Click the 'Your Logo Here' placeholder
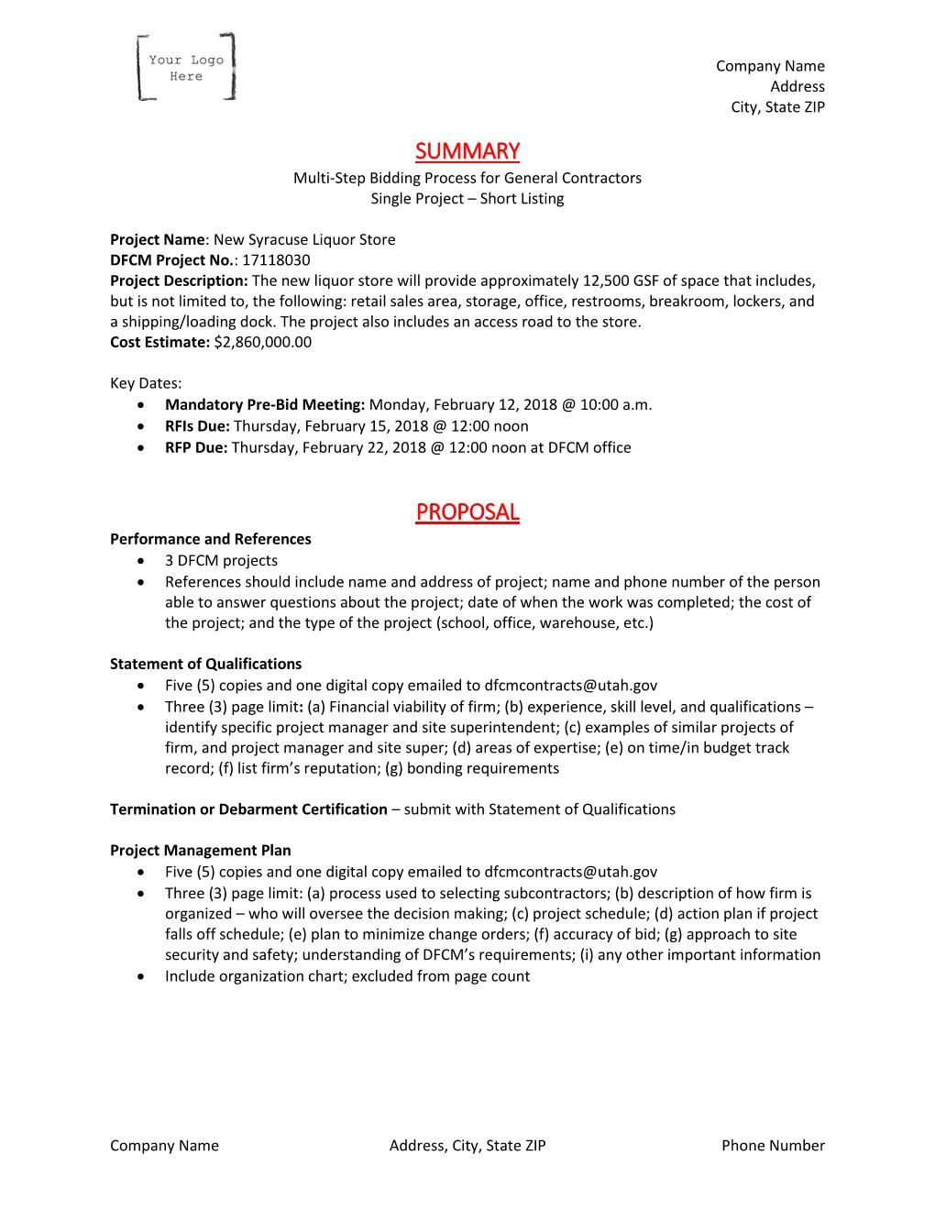[186, 67]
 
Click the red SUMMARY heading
[467, 150]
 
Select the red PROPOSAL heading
[467, 511]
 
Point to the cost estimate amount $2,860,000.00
[263, 342]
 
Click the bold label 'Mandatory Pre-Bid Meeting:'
[265, 404]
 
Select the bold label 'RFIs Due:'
[197, 426]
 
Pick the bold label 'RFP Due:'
[196, 447]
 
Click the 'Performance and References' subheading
[210, 539]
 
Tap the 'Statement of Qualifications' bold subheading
[205, 664]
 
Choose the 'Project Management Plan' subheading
[200, 850]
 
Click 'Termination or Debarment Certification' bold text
[248, 808]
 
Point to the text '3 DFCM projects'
[221, 560]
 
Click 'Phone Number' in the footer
[773, 1145]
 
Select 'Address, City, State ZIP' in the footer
[467, 1145]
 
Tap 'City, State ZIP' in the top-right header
[777, 107]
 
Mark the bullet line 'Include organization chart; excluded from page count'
[346, 976]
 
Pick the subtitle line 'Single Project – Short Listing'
[467, 199]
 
